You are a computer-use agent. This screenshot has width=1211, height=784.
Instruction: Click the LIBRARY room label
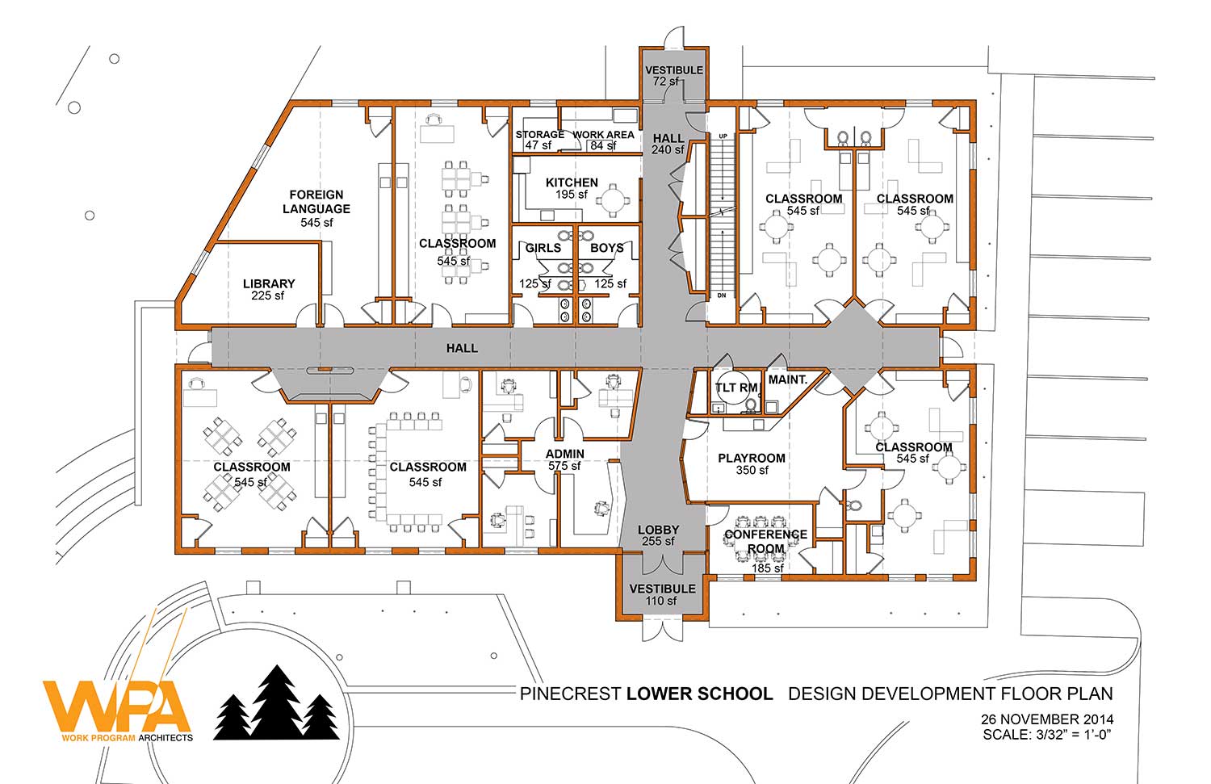coord(269,284)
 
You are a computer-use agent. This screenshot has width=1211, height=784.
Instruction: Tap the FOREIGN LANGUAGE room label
coord(316,202)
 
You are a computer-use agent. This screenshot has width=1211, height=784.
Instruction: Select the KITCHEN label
coord(572,182)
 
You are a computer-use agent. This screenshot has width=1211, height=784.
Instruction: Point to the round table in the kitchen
coord(613,200)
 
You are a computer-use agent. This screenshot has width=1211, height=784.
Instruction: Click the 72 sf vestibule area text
coord(665,82)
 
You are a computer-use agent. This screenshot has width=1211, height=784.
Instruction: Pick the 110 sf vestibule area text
coord(661,601)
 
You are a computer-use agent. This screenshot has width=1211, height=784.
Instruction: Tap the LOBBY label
coord(658,530)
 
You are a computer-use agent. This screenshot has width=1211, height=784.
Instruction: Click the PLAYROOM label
coord(752,459)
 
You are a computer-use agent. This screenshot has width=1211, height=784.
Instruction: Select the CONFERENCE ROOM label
coord(765,541)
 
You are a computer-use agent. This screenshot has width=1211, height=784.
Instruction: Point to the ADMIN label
coord(564,455)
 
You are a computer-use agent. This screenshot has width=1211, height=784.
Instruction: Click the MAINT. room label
coord(788,380)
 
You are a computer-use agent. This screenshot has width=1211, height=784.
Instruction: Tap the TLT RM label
coord(737,388)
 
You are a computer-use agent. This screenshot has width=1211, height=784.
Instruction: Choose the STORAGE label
coord(539,135)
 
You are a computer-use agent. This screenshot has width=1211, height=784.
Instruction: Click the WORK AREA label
coord(603,135)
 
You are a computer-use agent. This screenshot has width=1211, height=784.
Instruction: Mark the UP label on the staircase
coord(723,136)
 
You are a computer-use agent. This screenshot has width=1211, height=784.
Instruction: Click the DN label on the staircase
coord(722,296)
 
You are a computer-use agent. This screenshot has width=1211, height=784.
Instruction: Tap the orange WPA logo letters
coord(117,706)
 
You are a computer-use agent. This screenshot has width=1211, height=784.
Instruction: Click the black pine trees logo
coord(276,702)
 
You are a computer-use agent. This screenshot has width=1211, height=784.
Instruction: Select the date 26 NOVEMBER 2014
coord(1047,719)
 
